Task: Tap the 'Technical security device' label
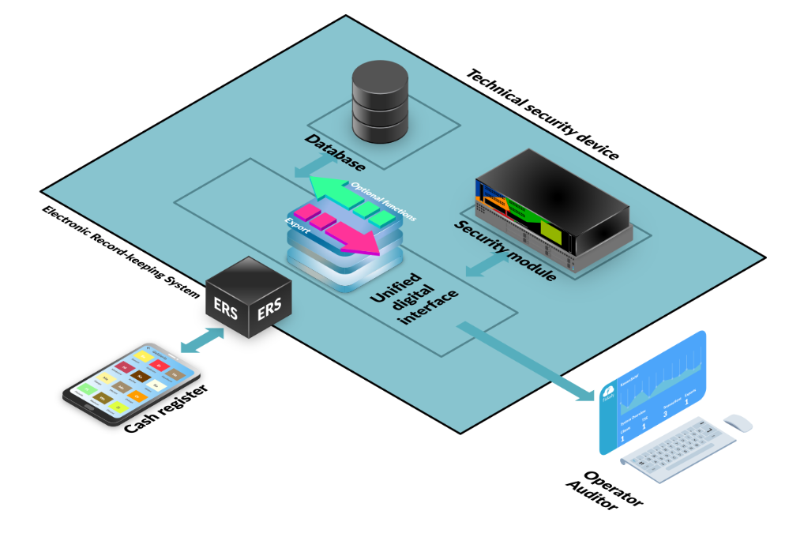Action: point(542,114)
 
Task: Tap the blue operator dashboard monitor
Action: point(652,390)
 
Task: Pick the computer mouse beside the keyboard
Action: point(738,422)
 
